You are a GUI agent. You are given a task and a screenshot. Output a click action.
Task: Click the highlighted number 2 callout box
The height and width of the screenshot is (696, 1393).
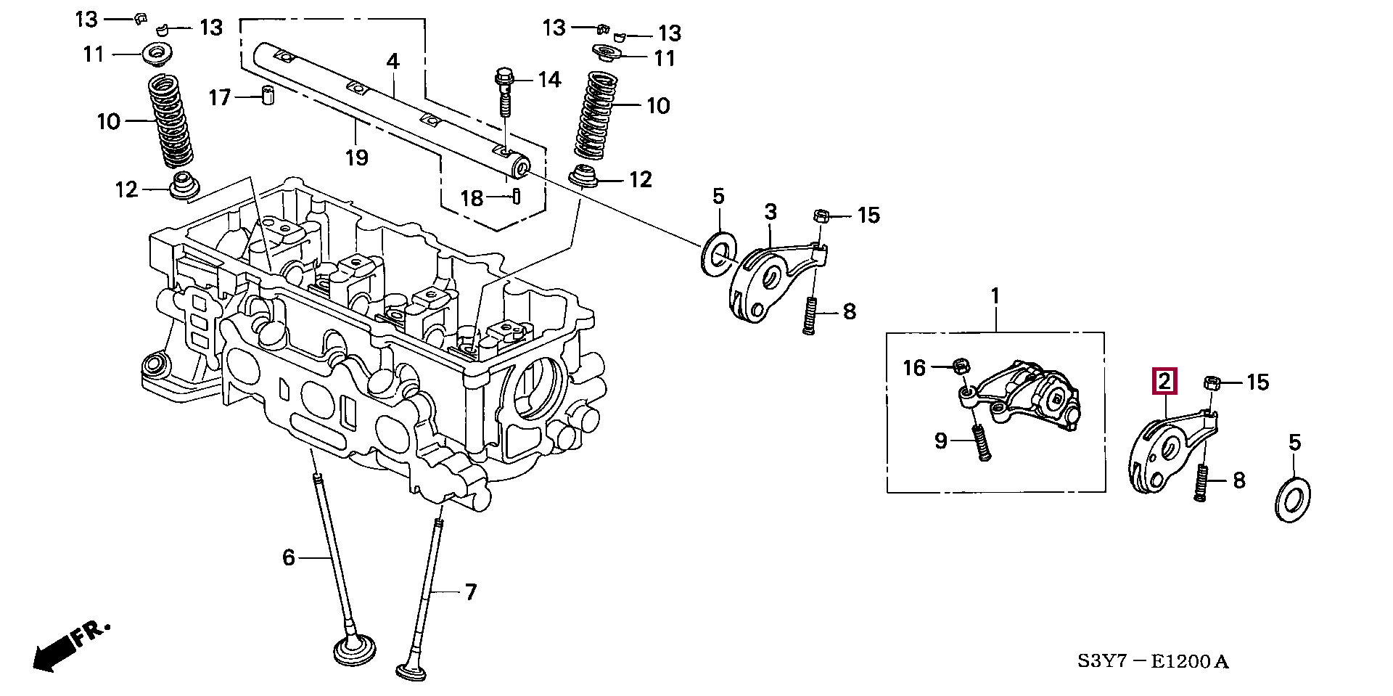coord(1164,381)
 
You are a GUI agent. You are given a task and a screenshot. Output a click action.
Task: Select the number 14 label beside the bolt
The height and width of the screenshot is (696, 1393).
coord(548,79)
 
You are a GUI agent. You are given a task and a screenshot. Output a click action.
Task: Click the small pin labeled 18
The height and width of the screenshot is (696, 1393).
coord(515,197)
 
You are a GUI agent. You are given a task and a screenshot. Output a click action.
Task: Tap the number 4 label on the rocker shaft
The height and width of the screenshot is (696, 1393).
coord(393,61)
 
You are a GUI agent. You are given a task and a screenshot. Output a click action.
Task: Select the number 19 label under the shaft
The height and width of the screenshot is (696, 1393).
coord(357,157)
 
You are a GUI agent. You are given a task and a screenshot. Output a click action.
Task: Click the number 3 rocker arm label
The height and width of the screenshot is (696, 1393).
coord(771,212)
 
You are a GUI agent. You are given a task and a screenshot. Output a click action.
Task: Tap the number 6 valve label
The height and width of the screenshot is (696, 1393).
coord(289,557)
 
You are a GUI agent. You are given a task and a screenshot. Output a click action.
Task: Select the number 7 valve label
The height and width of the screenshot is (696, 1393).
coord(471,593)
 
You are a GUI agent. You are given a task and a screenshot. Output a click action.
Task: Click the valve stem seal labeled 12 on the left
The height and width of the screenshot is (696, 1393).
coord(183,185)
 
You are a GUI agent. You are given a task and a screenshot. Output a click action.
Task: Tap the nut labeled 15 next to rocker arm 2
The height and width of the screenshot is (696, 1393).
coord(1211,382)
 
